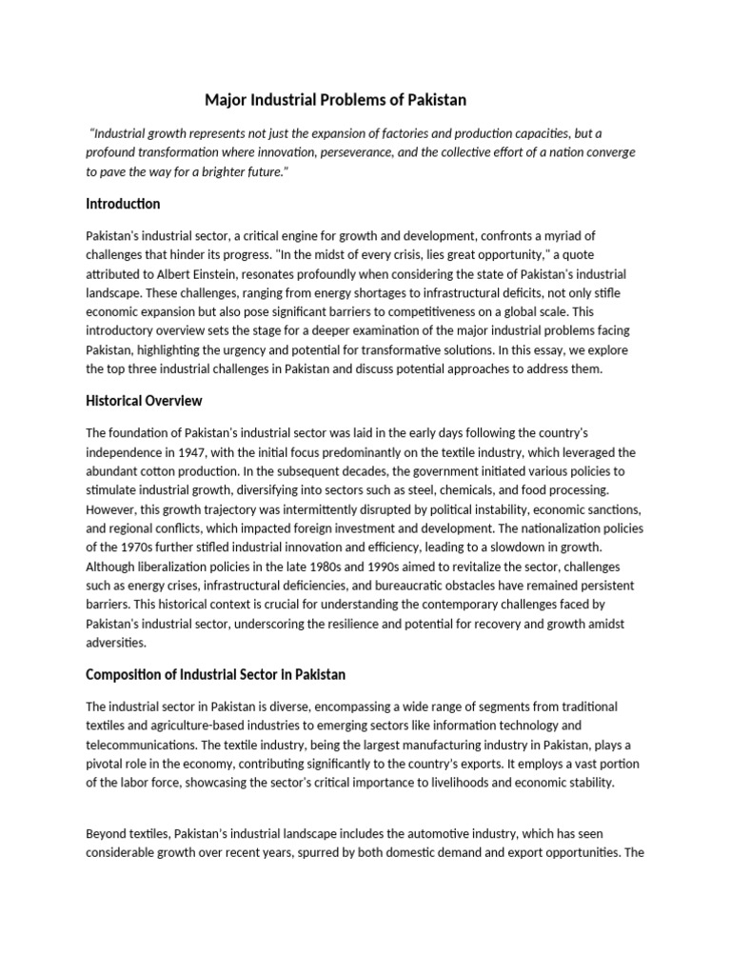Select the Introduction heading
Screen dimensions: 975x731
123,204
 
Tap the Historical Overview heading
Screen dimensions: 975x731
144,401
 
